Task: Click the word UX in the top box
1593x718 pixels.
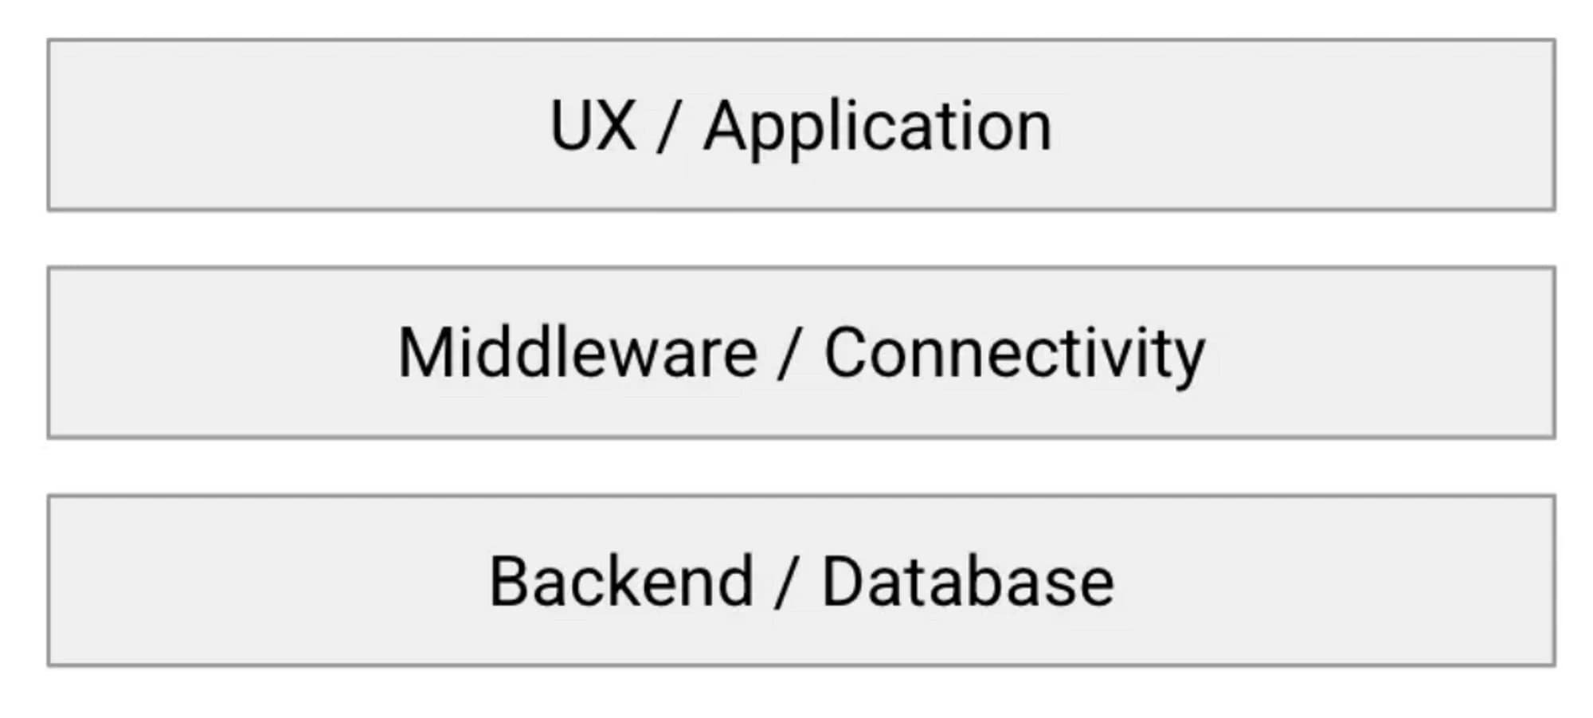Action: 593,125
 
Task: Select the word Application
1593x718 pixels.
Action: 878,131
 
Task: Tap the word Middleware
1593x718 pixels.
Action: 577,352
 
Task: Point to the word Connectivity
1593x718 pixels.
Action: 1015,357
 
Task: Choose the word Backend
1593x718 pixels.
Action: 621,581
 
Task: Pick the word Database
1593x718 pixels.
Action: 968,581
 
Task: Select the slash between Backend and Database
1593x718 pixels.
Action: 787,583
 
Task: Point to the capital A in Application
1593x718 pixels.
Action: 727,125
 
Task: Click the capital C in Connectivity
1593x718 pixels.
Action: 847,353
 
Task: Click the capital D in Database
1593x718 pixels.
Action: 844,581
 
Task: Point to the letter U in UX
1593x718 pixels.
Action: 571,126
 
